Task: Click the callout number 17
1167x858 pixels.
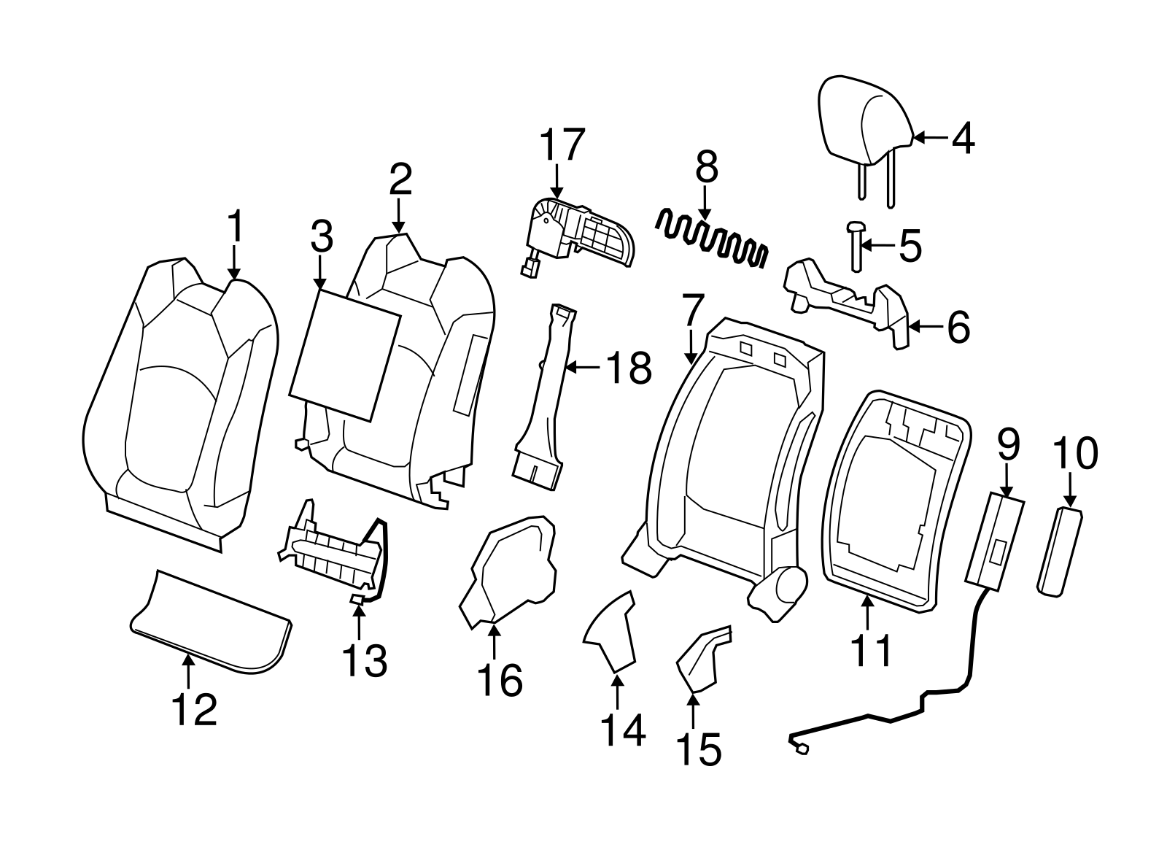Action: point(562,144)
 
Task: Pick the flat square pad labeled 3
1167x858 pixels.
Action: point(344,354)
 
